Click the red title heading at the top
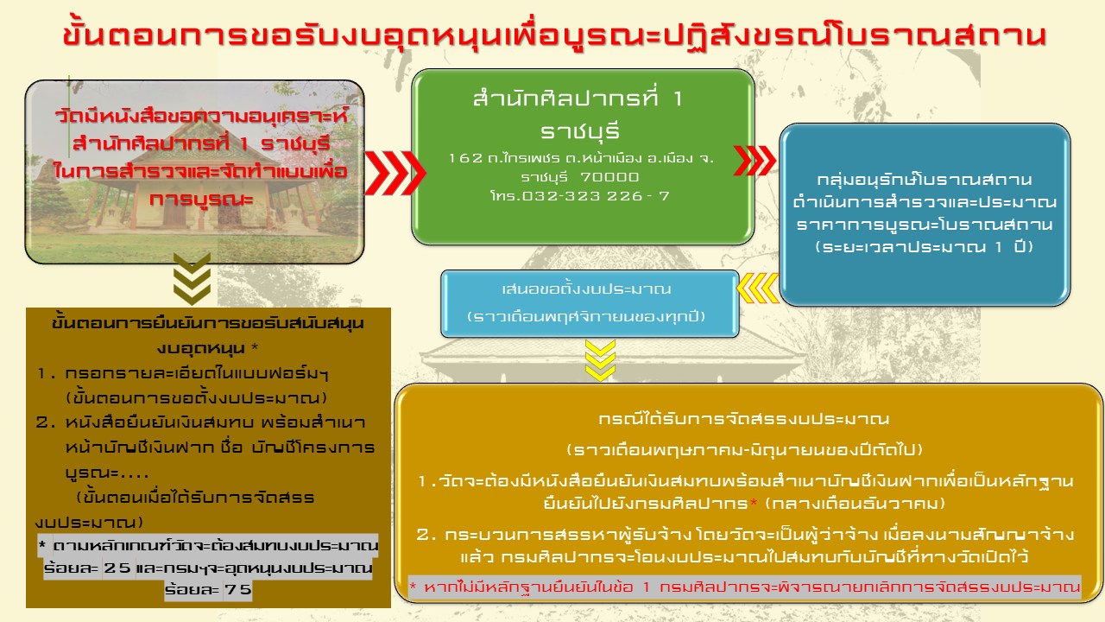(554, 35)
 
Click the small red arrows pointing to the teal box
(755, 161)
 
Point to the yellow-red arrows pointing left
(758, 288)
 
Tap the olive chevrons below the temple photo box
(192, 279)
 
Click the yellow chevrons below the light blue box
(600, 360)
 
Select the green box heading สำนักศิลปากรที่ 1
(578, 98)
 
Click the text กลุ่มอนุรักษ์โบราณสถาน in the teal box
(924, 179)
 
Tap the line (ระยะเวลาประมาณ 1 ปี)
(924, 247)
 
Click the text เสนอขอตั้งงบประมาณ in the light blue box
(586, 289)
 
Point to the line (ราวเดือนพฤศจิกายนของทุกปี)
(586, 316)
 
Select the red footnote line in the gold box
(744, 587)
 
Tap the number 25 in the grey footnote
(117, 568)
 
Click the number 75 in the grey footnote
(238, 589)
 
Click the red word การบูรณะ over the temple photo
(201, 199)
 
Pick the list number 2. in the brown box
(46, 423)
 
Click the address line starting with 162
(581, 158)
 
